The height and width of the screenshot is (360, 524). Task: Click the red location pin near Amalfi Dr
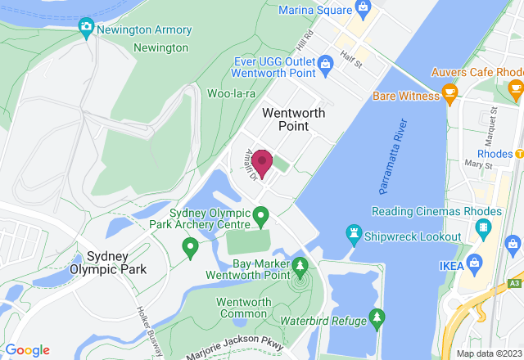[263, 160]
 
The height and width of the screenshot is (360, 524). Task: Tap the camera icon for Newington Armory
[86, 29]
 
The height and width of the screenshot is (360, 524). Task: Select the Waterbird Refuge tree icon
[377, 317]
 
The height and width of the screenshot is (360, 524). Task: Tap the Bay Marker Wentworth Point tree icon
[300, 266]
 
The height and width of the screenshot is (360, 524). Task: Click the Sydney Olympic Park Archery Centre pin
[261, 217]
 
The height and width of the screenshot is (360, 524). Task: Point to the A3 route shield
[514, 282]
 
